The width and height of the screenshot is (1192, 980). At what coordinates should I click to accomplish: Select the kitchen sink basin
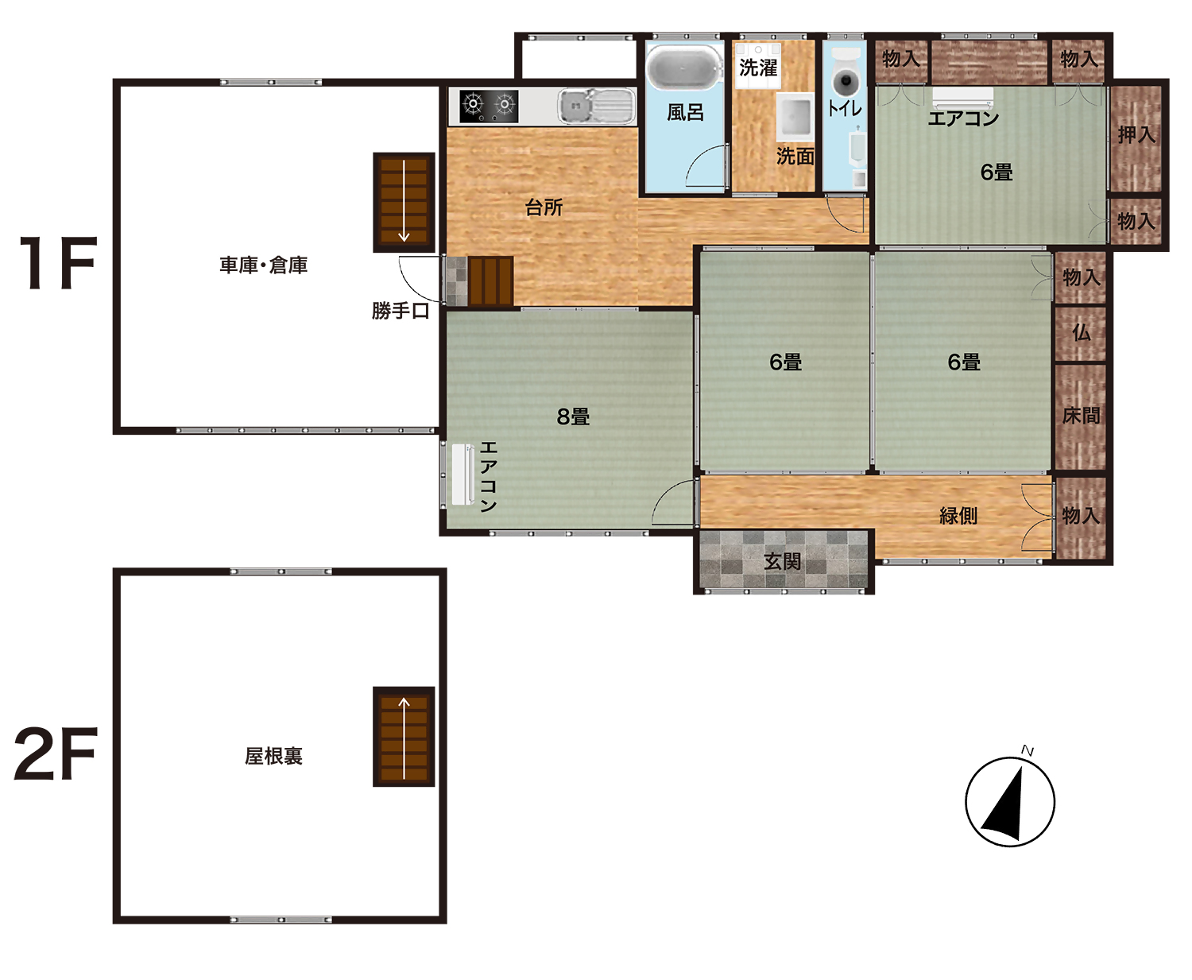(596, 106)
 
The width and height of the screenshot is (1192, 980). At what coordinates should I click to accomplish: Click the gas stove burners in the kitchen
(489, 107)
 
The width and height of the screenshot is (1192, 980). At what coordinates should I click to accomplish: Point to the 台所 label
(544, 207)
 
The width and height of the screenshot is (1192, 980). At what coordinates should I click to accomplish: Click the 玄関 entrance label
(782, 561)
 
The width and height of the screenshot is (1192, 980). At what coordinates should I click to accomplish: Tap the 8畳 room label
(573, 416)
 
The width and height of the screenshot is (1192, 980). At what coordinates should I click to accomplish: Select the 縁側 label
(958, 515)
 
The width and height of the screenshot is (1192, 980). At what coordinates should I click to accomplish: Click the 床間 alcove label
(1081, 416)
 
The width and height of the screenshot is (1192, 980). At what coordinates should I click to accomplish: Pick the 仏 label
(1081, 332)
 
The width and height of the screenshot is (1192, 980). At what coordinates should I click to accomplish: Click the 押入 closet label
(1136, 134)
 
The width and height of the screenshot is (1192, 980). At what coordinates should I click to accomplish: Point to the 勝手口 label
(401, 310)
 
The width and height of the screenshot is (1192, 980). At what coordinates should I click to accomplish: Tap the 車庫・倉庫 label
(263, 265)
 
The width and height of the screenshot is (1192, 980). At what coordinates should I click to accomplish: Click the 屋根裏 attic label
(273, 756)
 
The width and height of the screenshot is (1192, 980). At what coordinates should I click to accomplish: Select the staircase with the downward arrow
(404, 202)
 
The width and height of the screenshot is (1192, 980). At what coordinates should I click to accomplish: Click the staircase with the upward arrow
(404, 737)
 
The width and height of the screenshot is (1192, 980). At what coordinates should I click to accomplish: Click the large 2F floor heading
(56, 754)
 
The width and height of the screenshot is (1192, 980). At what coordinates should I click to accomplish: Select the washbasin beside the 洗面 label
(795, 117)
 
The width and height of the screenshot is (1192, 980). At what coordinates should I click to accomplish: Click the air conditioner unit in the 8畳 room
(463, 475)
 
